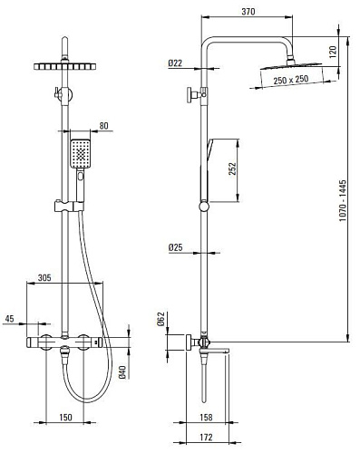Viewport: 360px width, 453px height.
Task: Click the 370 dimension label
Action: [x=248, y=12]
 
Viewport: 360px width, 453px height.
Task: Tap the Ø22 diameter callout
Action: [x=175, y=63]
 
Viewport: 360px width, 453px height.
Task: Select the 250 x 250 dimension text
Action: [x=291, y=80]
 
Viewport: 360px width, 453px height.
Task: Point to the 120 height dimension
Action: [x=333, y=52]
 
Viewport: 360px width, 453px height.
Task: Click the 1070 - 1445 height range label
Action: [x=343, y=201]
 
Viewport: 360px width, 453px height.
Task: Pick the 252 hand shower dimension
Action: [x=232, y=169]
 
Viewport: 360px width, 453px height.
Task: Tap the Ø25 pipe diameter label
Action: [x=176, y=247]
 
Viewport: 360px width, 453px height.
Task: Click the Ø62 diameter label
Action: [x=161, y=319]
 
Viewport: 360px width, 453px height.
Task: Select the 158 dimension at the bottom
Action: [x=206, y=417]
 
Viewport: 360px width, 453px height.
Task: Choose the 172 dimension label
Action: [x=206, y=437]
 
